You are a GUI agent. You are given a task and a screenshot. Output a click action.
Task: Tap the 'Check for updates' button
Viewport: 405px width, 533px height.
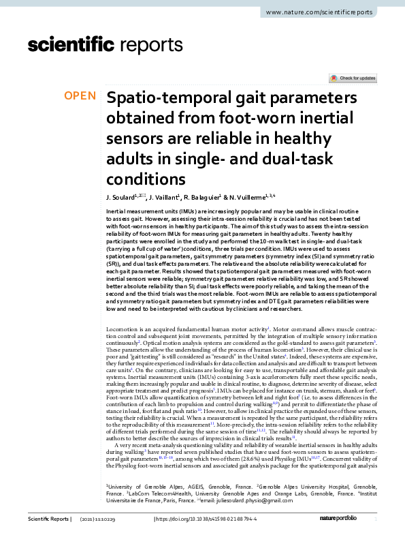point(352,78)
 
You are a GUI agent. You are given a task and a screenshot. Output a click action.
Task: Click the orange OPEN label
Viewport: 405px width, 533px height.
point(80,96)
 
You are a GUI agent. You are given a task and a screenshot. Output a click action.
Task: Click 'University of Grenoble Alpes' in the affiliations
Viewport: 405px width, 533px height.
point(139,486)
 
